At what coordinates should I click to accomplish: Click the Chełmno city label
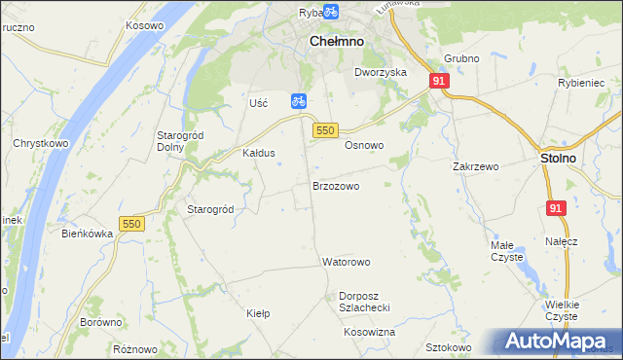336,42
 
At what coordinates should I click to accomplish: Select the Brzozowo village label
336,185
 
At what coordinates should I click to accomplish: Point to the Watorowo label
347,262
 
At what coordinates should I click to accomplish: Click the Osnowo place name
364,145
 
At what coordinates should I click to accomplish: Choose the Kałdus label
259,153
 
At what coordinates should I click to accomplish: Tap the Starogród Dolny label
178,141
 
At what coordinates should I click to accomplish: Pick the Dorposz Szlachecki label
364,302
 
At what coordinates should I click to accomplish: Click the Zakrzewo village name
475,166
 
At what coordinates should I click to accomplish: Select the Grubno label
461,58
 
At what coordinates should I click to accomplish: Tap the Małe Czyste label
506,251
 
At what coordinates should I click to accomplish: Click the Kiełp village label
258,313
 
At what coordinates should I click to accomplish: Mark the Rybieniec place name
581,84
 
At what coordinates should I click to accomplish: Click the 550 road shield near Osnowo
325,130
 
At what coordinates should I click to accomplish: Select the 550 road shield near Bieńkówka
131,224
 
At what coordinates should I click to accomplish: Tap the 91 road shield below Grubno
439,82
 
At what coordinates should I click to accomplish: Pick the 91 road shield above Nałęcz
556,208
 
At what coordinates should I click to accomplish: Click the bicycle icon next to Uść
299,100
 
